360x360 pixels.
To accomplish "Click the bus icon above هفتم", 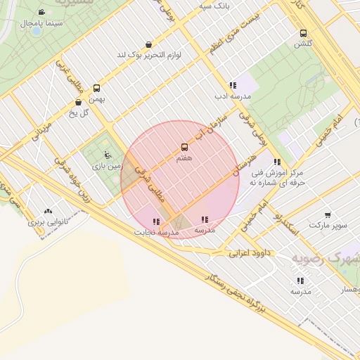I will (184, 147).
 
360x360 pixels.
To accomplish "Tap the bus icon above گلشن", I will (303, 33).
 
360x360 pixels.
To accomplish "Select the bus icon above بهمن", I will (96, 89).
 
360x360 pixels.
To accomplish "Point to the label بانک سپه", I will (214, 6).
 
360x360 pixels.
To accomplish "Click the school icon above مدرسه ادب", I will (233, 85).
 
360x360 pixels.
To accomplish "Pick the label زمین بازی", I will (107, 166).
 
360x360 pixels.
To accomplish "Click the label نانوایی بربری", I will (46, 221).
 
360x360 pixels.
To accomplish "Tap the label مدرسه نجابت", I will (157, 231).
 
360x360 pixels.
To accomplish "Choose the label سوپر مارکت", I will (328, 226).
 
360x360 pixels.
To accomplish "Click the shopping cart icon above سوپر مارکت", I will (328, 215).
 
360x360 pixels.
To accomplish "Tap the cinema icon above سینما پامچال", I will (41, 13).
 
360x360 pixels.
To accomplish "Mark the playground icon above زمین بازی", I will (107, 155).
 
